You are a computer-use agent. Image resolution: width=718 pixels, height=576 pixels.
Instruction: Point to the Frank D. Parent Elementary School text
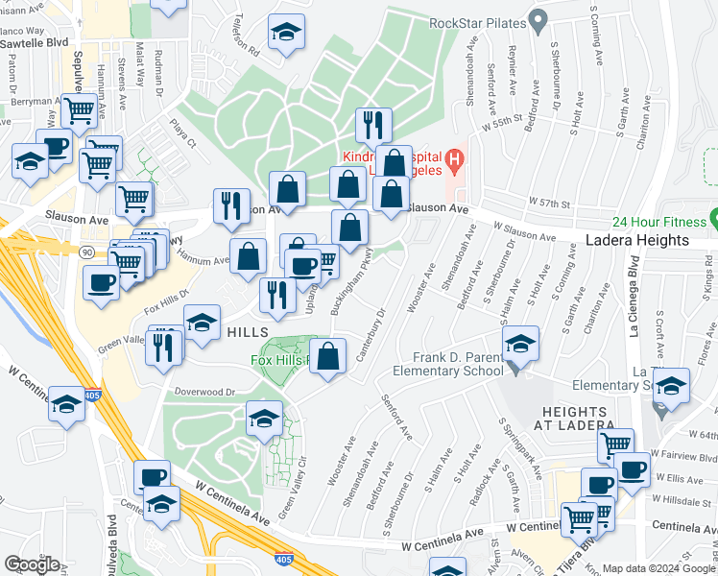[447, 362]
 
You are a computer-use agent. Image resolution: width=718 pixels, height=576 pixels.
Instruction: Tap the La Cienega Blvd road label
[634, 299]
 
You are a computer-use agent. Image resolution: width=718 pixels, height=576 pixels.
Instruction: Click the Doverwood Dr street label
[204, 392]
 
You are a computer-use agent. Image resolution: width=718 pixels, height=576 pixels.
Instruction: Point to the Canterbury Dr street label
[371, 337]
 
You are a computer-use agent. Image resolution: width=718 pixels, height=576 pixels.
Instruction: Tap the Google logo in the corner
[32, 564]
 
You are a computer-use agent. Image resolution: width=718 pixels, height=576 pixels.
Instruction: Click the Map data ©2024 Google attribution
[658, 568]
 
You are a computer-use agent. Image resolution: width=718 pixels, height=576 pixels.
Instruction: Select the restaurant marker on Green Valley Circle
[165, 346]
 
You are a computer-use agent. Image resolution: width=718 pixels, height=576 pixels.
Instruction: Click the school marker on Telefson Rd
[286, 34]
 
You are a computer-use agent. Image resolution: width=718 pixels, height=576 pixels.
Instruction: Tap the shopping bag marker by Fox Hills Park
[328, 356]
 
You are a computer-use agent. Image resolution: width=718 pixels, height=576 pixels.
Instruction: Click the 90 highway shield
[85, 251]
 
